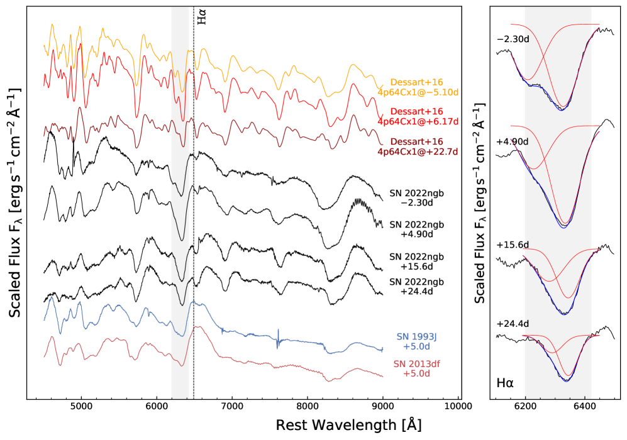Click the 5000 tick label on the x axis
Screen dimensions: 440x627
tap(82, 406)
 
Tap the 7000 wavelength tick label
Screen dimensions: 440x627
tap(232, 406)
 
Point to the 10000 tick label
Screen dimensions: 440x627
tap(457, 406)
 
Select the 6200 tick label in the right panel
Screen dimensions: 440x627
tap(525, 406)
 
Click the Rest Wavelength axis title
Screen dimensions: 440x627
tap(348, 425)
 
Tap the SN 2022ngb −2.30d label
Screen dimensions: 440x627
tap(417, 199)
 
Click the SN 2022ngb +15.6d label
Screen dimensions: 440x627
tap(417, 261)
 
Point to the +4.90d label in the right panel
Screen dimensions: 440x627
tap(512, 141)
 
